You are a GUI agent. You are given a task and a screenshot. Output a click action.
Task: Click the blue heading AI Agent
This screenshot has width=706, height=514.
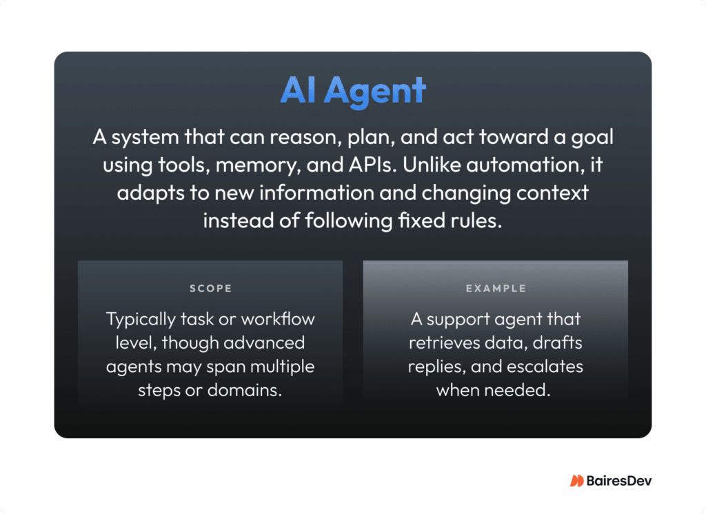click(353, 91)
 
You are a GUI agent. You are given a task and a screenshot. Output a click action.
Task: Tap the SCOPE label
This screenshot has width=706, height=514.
click(210, 289)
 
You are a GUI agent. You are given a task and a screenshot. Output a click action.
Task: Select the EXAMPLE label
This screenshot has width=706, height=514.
click(495, 289)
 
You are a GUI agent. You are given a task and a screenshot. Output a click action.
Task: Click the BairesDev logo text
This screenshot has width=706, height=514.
click(618, 481)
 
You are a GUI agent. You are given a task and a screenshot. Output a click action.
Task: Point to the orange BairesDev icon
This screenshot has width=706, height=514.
click(576, 481)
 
